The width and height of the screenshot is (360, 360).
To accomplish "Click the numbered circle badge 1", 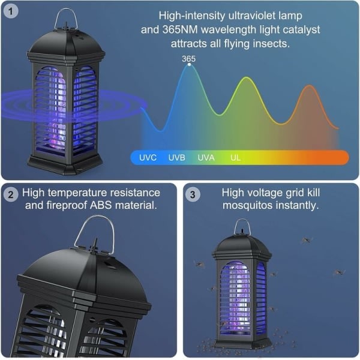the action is (x=11, y=11).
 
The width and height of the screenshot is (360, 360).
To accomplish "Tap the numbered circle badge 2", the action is (x=11, y=194).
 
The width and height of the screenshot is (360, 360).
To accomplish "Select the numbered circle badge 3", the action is (x=193, y=194).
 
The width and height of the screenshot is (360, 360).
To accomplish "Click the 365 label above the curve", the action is (x=189, y=59).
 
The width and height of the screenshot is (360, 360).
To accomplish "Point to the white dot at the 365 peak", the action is (x=189, y=65).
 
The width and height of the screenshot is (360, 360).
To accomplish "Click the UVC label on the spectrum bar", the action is (x=148, y=158).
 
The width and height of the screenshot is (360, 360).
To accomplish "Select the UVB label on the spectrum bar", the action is (x=177, y=158).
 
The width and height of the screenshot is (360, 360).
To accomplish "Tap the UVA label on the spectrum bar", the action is (x=206, y=158).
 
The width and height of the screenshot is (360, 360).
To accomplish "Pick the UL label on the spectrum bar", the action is (x=236, y=158).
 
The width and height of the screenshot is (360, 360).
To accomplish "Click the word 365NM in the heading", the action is (x=180, y=29).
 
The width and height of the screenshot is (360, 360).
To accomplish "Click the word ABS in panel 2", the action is (x=101, y=205).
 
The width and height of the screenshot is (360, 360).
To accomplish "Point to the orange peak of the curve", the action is (x=310, y=85).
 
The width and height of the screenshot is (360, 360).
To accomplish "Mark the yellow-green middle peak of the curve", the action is (x=247, y=77).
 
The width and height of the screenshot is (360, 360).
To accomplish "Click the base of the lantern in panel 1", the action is (x=65, y=164).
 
